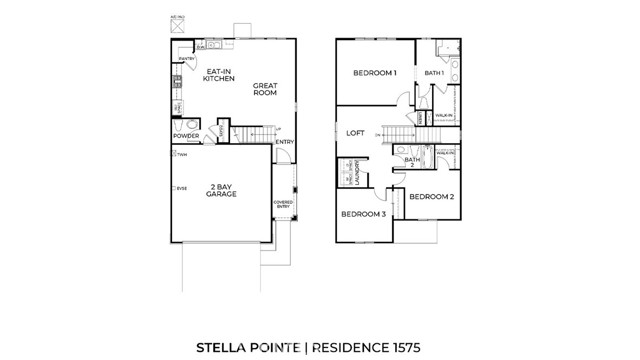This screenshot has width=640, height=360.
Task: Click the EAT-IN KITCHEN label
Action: tap(219, 76)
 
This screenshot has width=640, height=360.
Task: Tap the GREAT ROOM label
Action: tap(265, 90)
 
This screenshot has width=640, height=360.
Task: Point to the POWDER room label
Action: tap(185, 135)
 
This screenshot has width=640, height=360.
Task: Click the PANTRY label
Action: tap(184, 59)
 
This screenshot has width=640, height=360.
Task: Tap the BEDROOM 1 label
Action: tap(375, 74)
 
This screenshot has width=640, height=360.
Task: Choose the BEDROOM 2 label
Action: tap(432, 197)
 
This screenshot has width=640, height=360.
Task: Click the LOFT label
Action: tap(355, 133)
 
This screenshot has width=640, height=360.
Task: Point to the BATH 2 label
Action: tap(411, 162)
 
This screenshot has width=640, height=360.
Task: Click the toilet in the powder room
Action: tap(181, 125)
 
